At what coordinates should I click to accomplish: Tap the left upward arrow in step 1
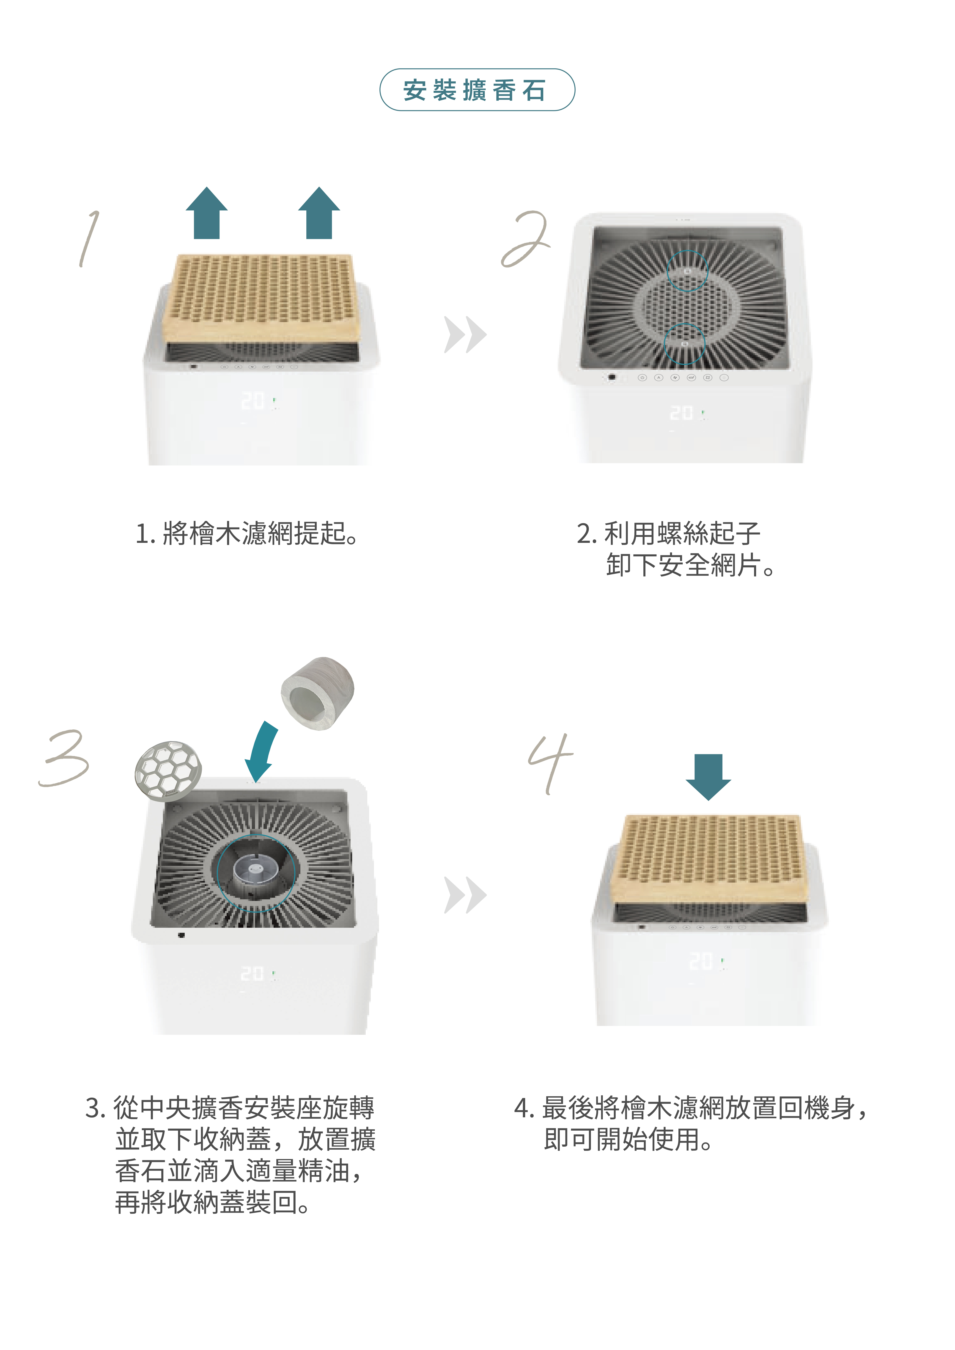[206, 213]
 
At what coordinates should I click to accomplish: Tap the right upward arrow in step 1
[319, 213]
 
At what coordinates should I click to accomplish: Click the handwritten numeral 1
[89, 238]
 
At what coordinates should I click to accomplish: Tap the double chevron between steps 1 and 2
[465, 335]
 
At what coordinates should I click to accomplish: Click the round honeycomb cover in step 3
[168, 770]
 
